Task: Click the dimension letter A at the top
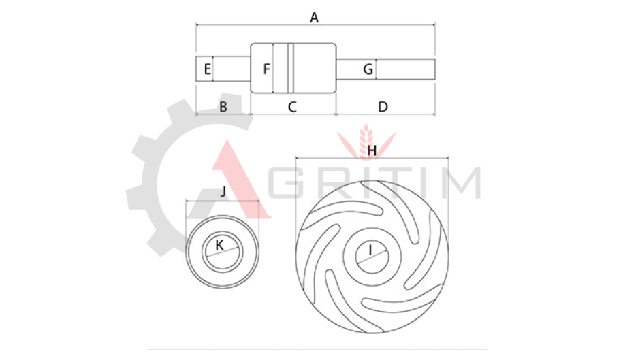315,18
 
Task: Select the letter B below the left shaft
223,107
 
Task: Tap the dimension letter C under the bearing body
292,107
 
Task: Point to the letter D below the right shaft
383,107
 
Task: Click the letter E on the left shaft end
208,69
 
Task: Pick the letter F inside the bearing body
267,69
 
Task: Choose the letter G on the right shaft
368,69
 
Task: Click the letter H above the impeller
372,150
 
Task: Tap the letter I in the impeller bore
370,250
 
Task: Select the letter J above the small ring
223,191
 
